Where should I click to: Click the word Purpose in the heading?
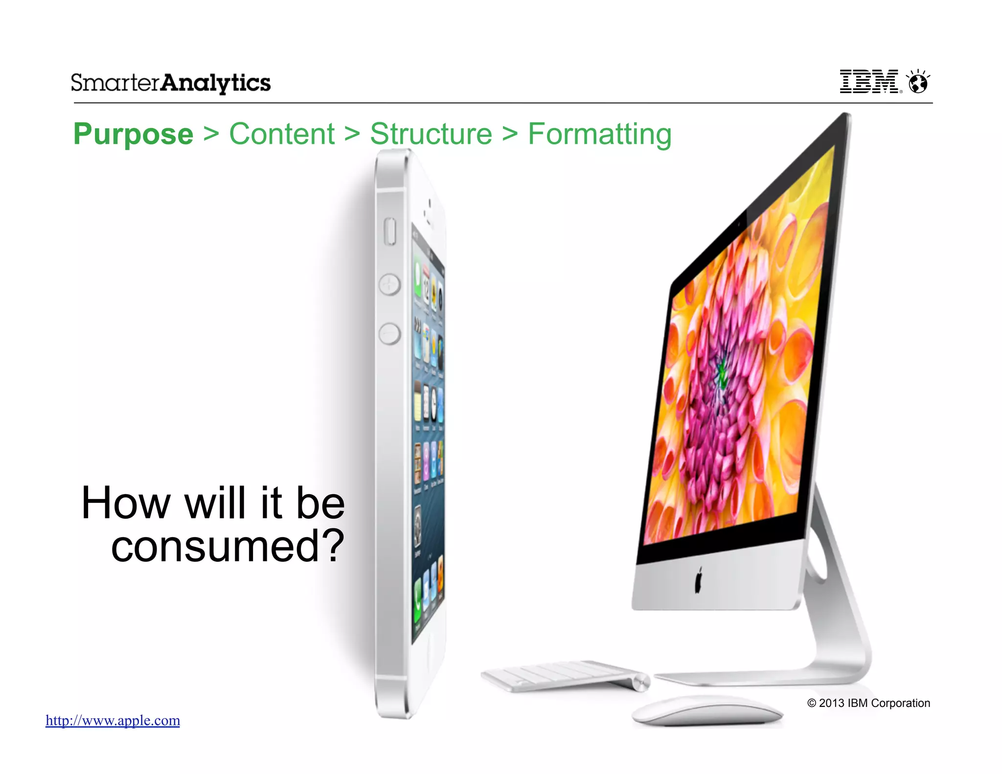coord(133,134)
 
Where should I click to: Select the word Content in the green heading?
coord(282,134)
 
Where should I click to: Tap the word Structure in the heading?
coord(431,134)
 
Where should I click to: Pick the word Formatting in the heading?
coord(599,134)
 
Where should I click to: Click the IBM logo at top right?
coord(869,81)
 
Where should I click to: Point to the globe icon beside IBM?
coord(918,82)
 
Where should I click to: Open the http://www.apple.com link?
coord(113,720)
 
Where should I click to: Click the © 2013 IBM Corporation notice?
coord(868,703)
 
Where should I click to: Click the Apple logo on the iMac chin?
coord(698,580)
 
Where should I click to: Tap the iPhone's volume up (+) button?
coord(389,285)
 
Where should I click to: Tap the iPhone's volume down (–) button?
coord(389,334)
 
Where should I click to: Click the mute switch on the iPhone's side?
coord(390,231)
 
